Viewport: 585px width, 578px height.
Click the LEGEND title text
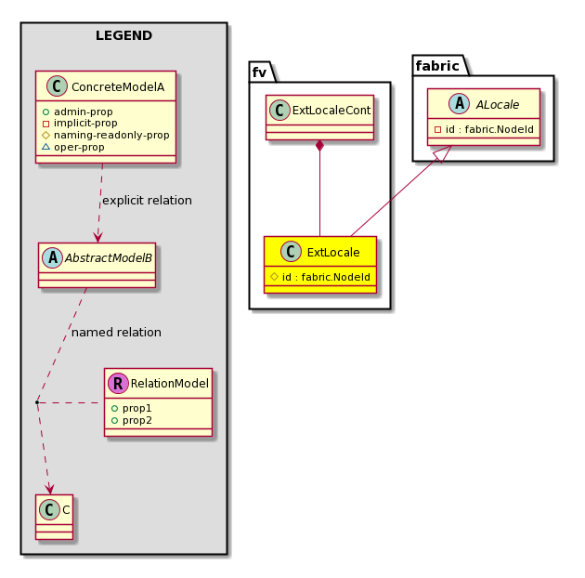pos(123,36)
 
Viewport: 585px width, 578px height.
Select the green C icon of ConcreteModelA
pos(57,85)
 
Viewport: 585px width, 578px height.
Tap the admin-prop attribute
pos(84,112)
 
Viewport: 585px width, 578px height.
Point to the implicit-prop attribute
pos(85,124)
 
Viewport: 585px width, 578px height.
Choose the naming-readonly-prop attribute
pos(111,135)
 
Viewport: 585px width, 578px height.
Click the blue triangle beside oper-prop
pos(45,147)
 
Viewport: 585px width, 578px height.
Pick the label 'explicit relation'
pos(147,201)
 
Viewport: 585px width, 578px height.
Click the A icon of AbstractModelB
pos(53,257)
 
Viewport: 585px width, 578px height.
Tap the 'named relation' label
pos(116,333)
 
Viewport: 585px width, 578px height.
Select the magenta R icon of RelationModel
pos(118,383)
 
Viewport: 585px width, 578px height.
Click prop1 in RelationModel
pos(136,408)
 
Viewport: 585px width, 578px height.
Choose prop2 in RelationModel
pos(136,420)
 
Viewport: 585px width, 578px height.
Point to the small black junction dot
pos(37,402)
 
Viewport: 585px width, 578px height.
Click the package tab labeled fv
pos(260,72)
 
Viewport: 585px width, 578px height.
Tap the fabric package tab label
pos(437,66)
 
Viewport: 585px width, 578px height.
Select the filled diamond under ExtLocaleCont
pos(319,146)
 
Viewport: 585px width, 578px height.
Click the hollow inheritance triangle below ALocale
pos(443,154)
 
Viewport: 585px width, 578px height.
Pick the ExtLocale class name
pos(333,253)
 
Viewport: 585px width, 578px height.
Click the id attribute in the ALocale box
pos(489,129)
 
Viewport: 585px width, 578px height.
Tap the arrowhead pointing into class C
pos(50,489)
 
